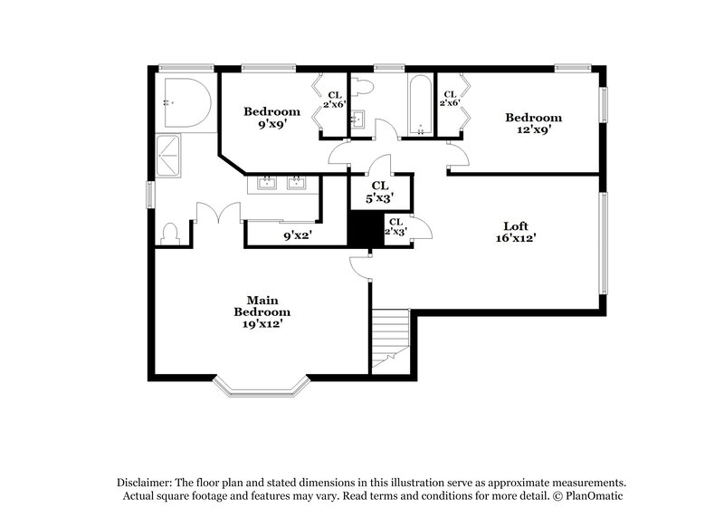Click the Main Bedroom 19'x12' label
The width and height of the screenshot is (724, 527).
coord(262,311)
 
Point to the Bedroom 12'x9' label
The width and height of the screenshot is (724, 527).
coord(533,123)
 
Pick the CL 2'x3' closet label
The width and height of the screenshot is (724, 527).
coord(395,226)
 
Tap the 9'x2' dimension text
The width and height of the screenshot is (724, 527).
coord(298,235)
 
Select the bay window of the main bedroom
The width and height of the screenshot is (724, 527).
coord(262,388)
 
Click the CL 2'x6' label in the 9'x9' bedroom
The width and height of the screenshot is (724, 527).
coord(334,99)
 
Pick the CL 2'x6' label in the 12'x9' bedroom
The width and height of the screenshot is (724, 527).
coord(450,99)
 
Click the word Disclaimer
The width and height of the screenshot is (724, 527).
coord(145,483)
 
